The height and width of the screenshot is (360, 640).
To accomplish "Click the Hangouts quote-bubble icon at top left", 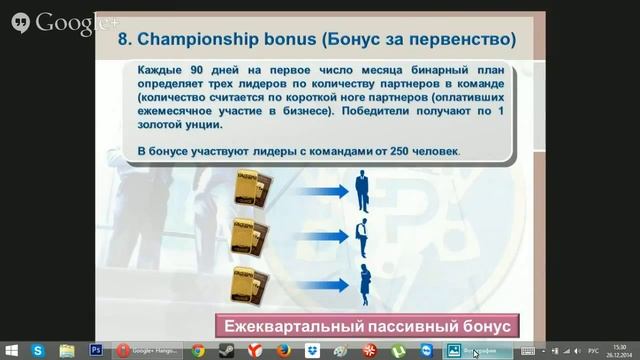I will tap(16, 21).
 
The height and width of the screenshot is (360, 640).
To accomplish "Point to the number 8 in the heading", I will tap(125, 41).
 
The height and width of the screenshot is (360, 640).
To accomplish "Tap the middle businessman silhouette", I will tap(364, 237).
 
